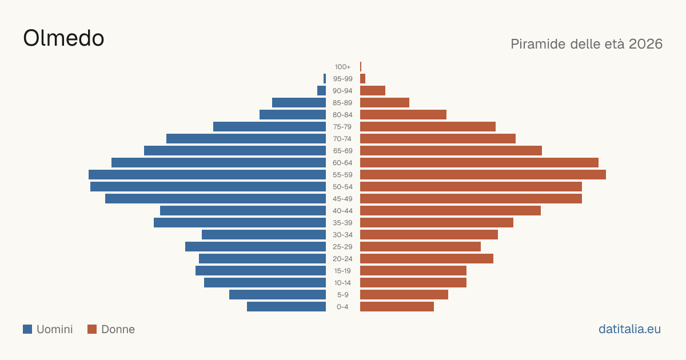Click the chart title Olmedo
pyautogui.click(x=63, y=38)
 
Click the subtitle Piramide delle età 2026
pyautogui.click(x=587, y=44)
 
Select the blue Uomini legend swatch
pyautogui.click(x=27, y=329)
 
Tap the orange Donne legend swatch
pyautogui.click(x=92, y=329)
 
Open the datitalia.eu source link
pyautogui.click(x=629, y=329)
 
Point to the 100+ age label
pyautogui.click(x=342, y=67)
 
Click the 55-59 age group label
pyautogui.click(x=342, y=175)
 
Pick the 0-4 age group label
pyautogui.click(x=342, y=307)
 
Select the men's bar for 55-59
pyautogui.click(x=207, y=174)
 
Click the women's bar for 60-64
pyautogui.click(x=479, y=162)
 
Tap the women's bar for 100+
pyautogui.click(x=361, y=66)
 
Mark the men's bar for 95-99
pyautogui.click(x=325, y=78)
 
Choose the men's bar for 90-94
pyautogui.click(x=321, y=91)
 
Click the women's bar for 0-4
pyautogui.click(x=397, y=306)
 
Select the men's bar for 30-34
pyautogui.click(x=264, y=234)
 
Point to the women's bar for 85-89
pyautogui.click(x=385, y=102)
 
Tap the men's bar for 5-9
pyautogui.click(x=277, y=294)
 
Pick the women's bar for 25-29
pyautogui.click(x=421, y=246)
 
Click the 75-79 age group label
pyautogui.click(x=342, y=127)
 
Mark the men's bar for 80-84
pyautogui.click(x=293, y=114)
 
